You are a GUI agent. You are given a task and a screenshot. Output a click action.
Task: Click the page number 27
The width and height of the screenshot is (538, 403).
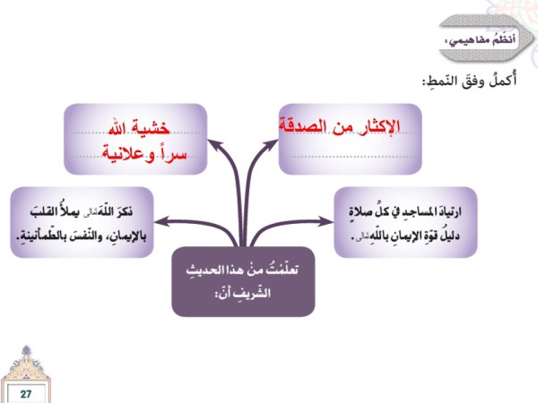26,394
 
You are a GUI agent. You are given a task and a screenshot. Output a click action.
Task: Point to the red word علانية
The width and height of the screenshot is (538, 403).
123,153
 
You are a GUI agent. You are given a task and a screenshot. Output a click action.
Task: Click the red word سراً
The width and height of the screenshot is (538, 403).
172,153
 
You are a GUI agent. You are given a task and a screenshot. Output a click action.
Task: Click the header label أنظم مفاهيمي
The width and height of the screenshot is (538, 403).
481,40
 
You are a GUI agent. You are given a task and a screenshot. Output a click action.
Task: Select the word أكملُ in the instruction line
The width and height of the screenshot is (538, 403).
502,80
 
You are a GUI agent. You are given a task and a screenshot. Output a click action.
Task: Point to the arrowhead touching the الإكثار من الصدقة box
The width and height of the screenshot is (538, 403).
272,144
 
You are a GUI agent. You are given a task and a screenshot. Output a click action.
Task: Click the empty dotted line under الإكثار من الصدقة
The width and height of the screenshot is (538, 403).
351,157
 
